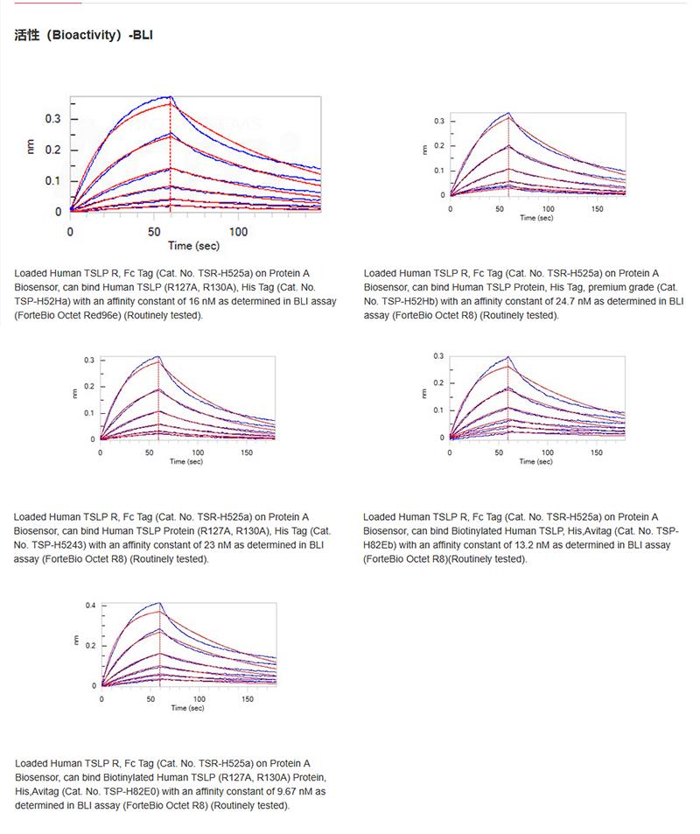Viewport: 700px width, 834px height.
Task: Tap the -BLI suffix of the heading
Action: point(140,36)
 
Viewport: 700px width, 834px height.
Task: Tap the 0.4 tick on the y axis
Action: point(90,605)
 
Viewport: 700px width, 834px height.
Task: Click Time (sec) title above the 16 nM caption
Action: point(193,246)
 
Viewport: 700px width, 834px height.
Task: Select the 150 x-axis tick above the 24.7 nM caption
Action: point(597,208)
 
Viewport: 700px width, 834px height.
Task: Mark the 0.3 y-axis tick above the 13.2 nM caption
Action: point(438,356)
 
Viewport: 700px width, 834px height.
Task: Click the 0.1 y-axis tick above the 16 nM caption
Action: point(53,181)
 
